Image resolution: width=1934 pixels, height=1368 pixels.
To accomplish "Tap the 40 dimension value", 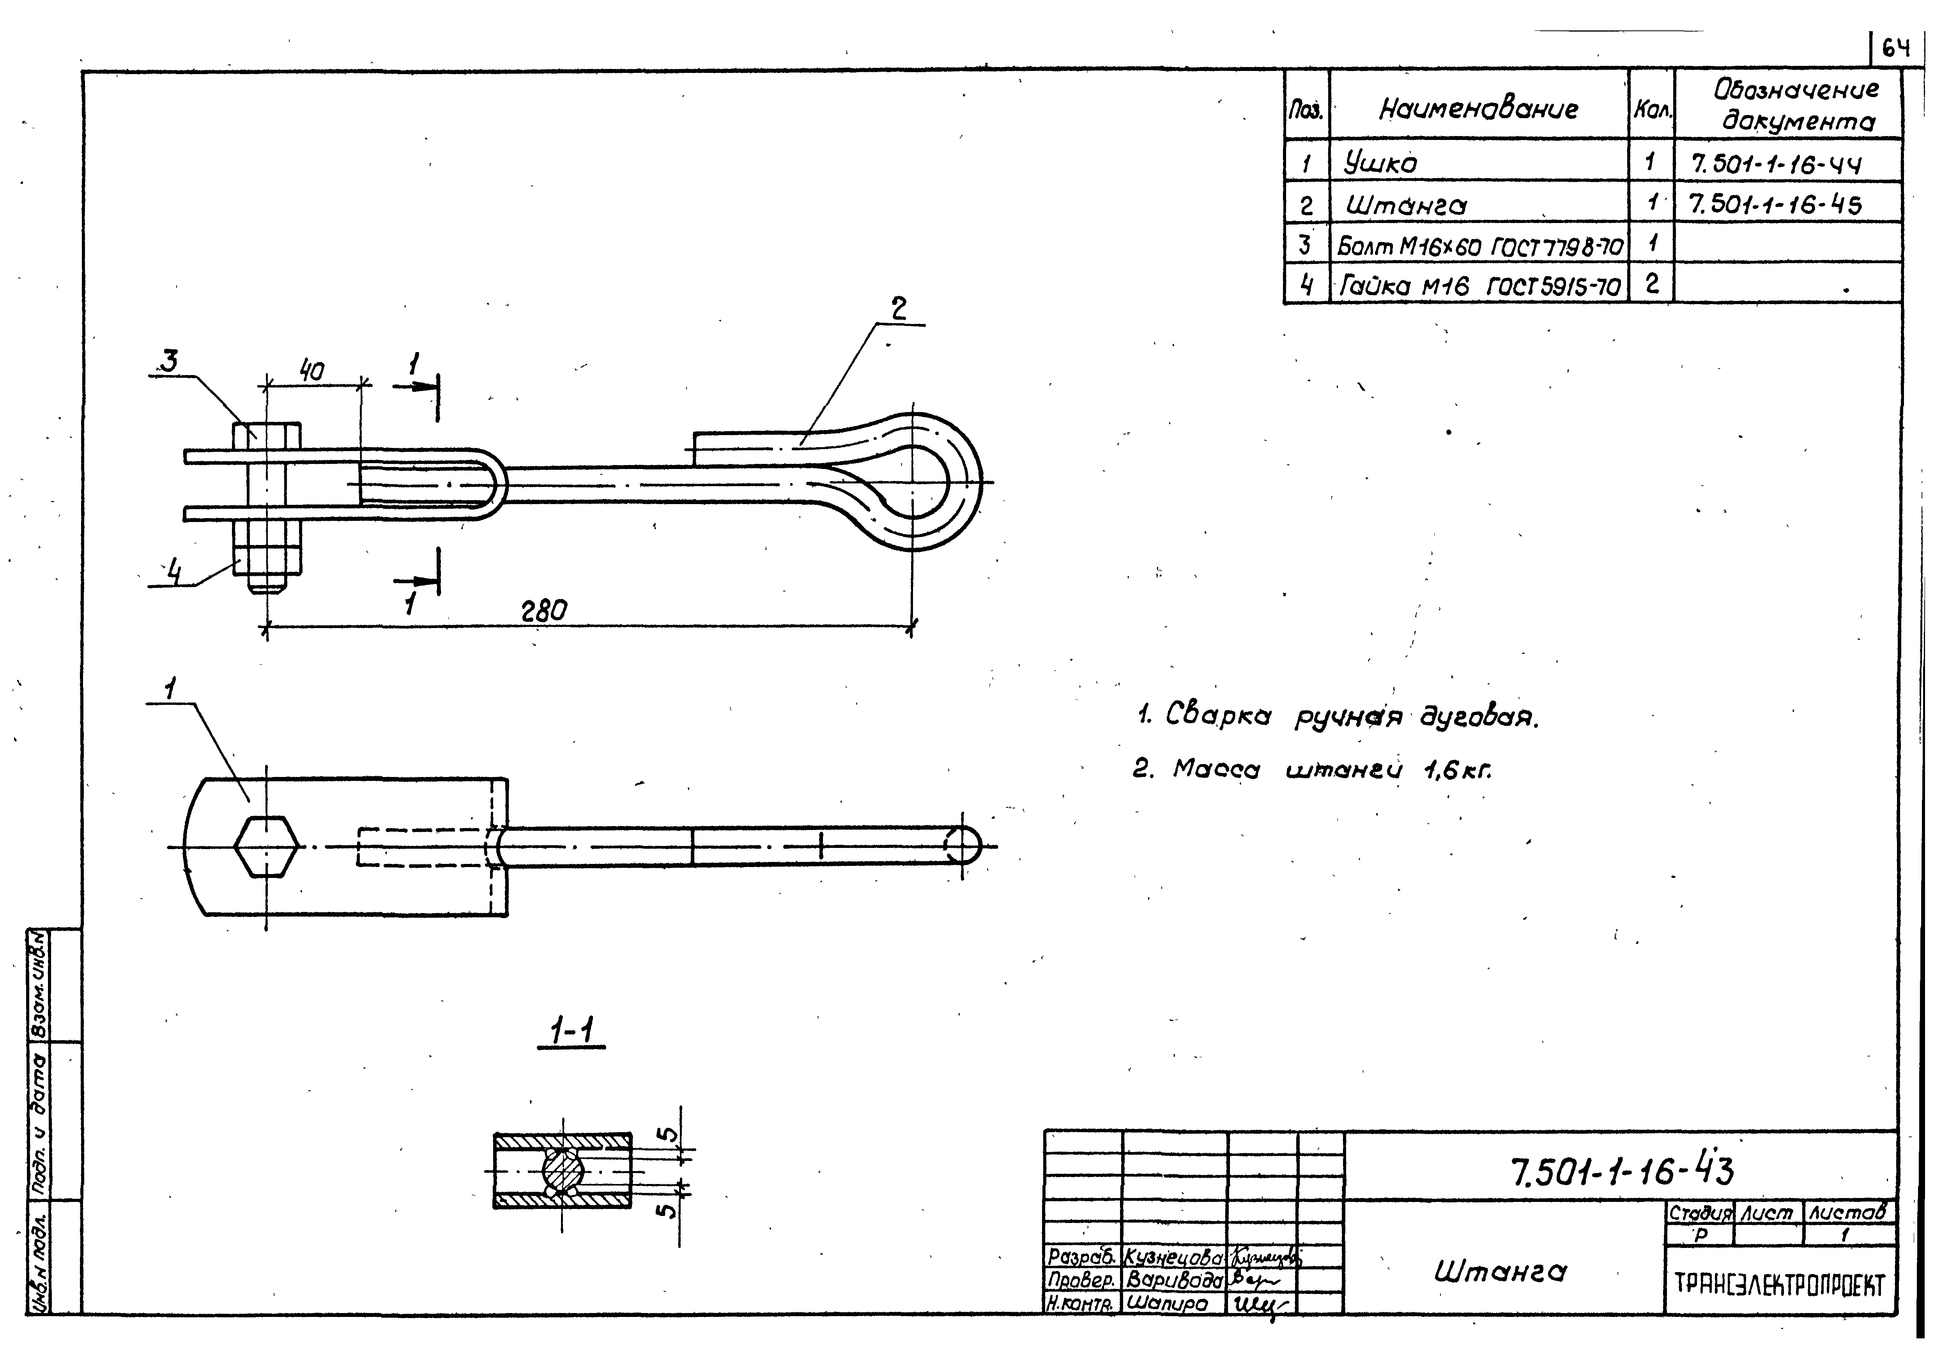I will pyautogui.click(x=311, y=371).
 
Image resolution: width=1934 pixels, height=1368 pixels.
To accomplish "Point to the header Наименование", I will pyautogui.click(x=1478, y=108).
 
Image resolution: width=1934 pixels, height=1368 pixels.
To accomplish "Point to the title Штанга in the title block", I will pyautogui.click(x=1500, y=1271).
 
